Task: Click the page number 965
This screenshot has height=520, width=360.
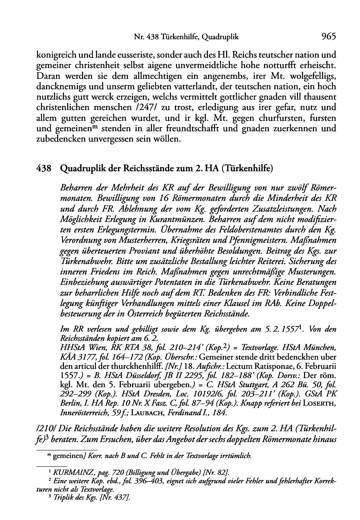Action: (328, 37)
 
